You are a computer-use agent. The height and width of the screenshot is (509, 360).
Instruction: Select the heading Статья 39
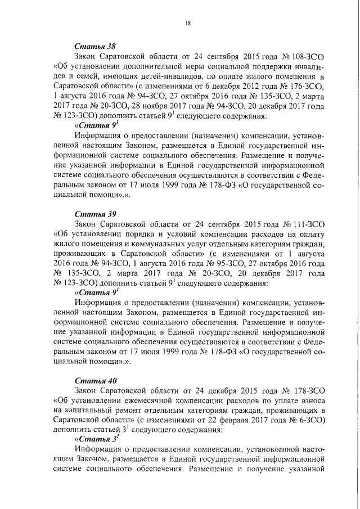[x=95, y=214]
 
